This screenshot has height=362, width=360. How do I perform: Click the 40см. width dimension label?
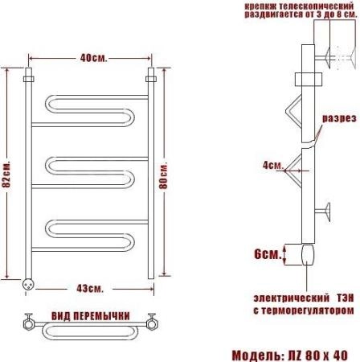coord(93,58)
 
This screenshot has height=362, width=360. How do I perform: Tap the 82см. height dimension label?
coord(6,175)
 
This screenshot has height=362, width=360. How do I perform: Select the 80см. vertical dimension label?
coord(163,175)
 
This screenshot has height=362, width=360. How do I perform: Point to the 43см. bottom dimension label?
coord(90,289)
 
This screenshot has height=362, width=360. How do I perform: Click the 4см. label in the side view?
coord(272,165)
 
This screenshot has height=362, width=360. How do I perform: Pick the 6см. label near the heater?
coord(268,253)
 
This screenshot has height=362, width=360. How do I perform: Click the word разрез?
coord(339,118)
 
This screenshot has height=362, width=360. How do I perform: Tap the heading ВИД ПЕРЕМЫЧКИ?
coord(91,316)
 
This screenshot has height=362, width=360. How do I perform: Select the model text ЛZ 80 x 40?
coord(317,356)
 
